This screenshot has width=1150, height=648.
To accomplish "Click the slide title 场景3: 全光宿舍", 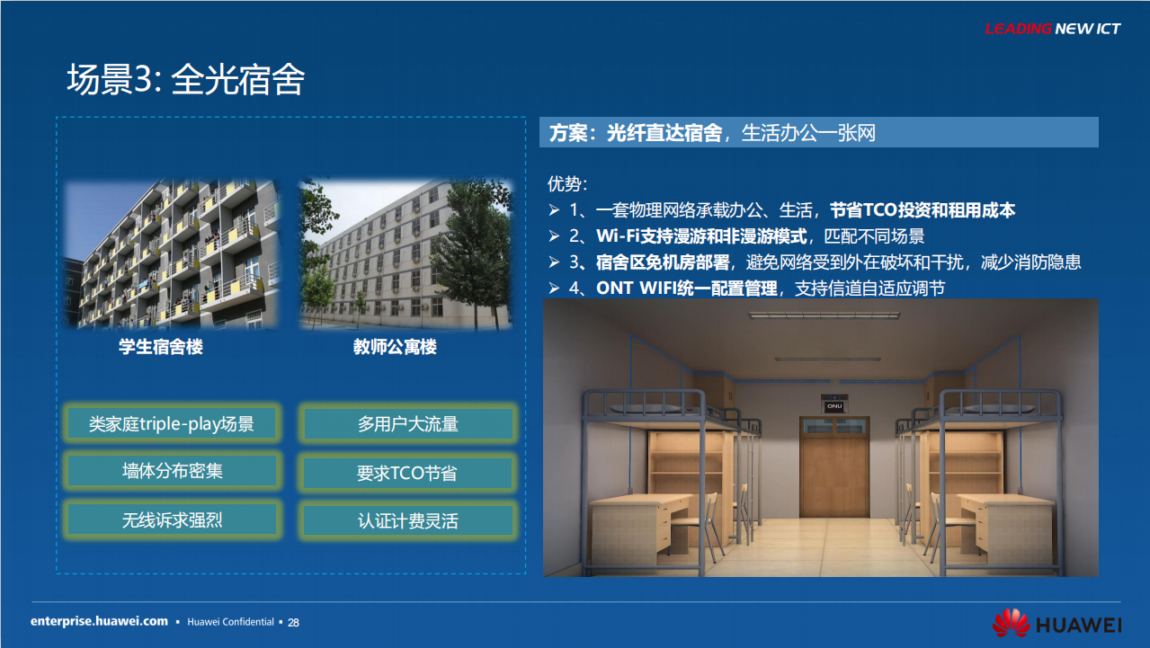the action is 186,79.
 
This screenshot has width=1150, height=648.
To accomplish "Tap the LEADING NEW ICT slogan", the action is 1053,29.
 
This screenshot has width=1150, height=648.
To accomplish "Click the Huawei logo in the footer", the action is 1057,624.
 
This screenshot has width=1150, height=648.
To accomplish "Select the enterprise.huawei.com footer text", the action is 99,621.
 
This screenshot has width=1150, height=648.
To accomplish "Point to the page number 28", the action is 293,622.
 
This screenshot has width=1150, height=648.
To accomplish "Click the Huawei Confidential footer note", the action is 230,622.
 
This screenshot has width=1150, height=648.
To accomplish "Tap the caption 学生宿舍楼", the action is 161,347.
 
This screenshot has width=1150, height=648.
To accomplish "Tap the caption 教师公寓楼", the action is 395,347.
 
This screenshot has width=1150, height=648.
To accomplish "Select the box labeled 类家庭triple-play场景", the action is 172,423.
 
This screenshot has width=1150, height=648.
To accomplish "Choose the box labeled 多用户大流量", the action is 407,424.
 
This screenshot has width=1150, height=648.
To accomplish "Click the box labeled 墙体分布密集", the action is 172,470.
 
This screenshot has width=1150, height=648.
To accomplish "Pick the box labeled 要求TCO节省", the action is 407,473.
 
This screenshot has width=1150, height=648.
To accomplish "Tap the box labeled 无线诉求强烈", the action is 172,520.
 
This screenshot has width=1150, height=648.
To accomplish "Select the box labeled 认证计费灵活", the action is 407,520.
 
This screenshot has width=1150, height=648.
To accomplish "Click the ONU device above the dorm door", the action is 834,404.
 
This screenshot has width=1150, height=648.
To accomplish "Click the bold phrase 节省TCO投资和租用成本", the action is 923,209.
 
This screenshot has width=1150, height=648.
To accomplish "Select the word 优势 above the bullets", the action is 563,183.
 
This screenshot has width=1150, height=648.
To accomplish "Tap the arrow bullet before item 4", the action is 554,288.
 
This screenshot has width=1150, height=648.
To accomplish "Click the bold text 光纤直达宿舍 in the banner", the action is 664,133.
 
